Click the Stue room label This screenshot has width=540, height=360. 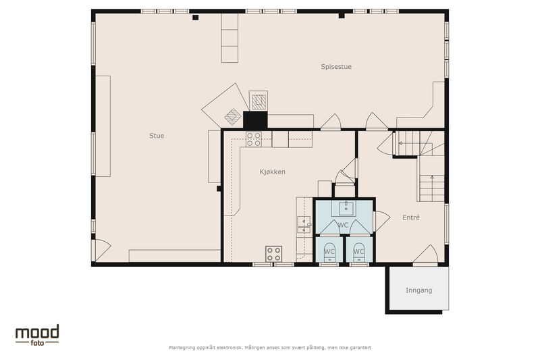pos(157,136)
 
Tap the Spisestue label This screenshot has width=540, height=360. pos(336,67)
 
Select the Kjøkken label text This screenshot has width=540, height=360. pos(273,172)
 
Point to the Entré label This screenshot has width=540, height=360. pos(411,217)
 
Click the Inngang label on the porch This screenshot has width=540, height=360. pos(418,290)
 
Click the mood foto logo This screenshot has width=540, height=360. pos(37,335)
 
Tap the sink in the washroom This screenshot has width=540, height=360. pos(346,207)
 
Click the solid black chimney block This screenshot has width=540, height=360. pos(255,120)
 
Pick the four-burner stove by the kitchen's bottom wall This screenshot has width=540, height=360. pos(274,254)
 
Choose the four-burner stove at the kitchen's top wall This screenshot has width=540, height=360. pos(254,139)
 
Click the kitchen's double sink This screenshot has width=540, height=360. pos(304,225)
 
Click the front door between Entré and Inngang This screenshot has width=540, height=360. pos(426,255)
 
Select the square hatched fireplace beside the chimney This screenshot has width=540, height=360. pos(259,101)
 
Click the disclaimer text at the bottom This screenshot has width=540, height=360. pos(270,348)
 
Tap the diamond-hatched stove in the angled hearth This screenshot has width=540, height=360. pos(233,116)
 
